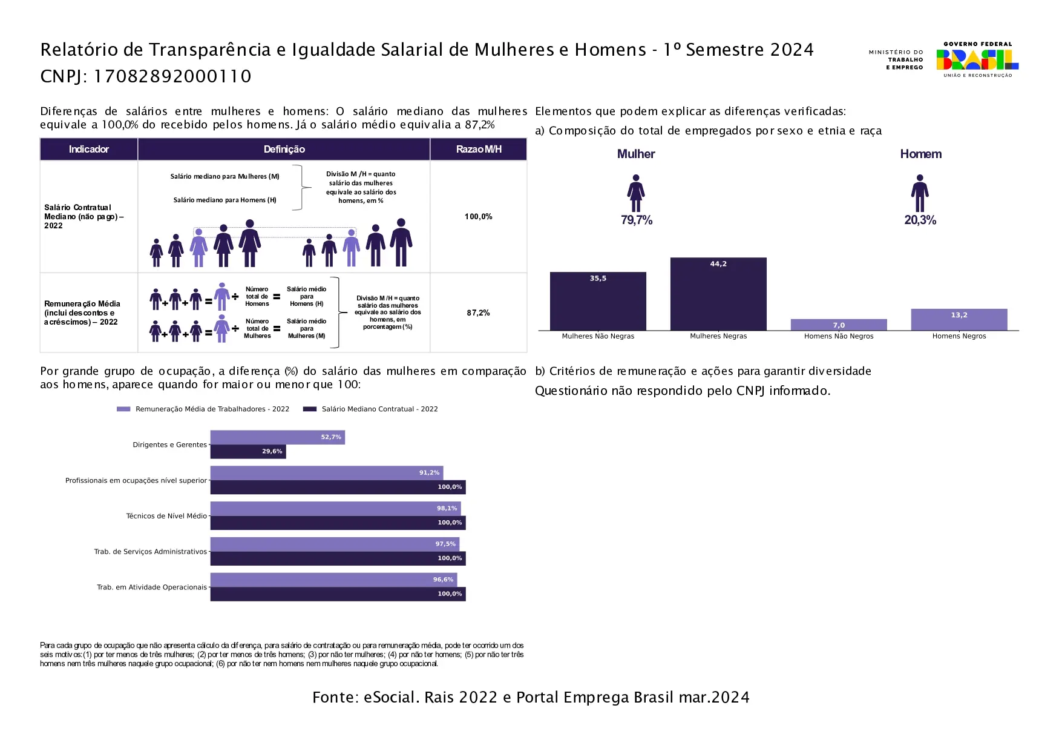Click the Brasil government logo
(x=977, y=59)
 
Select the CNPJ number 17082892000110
(x=172, y=76)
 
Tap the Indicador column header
(x=88, y=149)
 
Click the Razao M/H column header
(x=478, y=149)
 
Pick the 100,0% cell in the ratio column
(x=478, y=216)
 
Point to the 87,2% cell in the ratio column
(x=478, y=313)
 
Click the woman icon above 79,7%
(x=635, y=193)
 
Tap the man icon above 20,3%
(x=920, y=193)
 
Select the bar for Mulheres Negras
(x=718, y=294)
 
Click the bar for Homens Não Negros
(x=839, y=325)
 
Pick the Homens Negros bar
(x=959, y=320)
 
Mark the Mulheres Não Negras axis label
(x=598, y=336)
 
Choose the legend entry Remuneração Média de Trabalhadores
(x=212, y=409)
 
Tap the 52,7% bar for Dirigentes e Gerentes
(x=277, y=437)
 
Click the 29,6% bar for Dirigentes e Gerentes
(x=248, y=452)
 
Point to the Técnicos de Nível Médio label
(x=166, y=516)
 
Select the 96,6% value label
(x=443, y=580)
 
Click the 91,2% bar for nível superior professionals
(x=327, y=473)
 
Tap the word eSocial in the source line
(x=390, y=698)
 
